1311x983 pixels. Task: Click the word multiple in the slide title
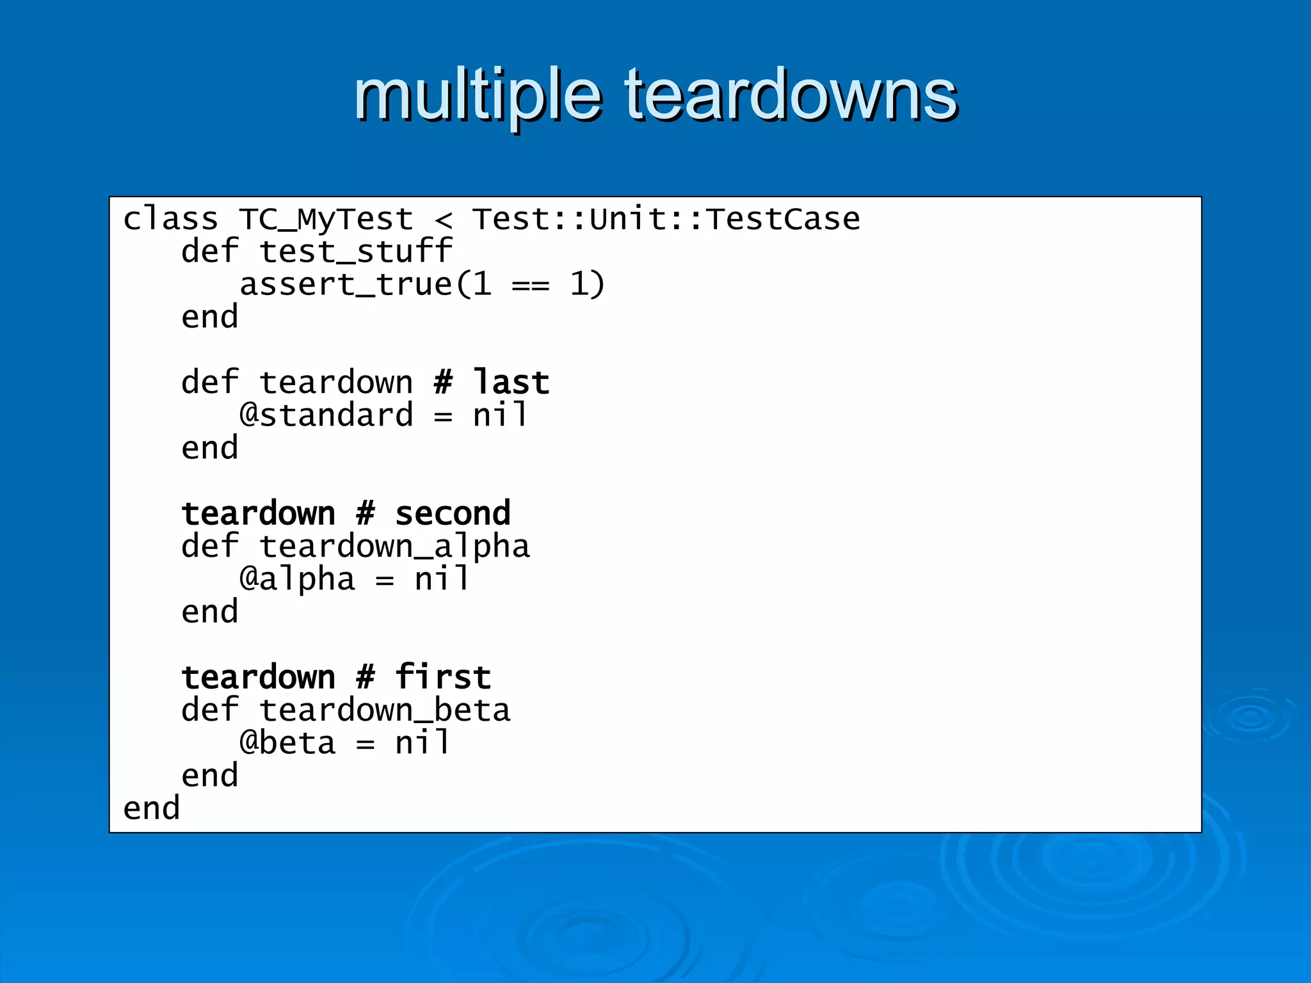(x=478, y=96)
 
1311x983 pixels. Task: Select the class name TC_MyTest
(x=326, y=220)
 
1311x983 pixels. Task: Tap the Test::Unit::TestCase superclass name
(x=666, y=220)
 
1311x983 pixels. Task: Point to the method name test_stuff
(x=355, y=252)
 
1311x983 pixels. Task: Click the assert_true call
(x=346, y=285)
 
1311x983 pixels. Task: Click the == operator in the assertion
(x=530, y=285)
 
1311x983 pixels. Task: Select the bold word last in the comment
(x=511, y=383)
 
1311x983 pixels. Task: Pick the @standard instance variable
(x=326, y=415)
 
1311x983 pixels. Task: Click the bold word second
(x=453, y=513)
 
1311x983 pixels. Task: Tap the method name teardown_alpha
(x=394, y=547)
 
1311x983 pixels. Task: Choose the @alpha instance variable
(x=297, y=580)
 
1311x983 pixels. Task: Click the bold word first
(x=443, y=677)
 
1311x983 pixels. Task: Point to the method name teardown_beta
(x=385, y=710)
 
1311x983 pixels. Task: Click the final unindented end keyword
(x=151, y=809)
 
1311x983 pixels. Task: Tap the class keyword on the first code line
(x=170, y=220)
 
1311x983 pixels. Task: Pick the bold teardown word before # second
(x=258, y=513)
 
